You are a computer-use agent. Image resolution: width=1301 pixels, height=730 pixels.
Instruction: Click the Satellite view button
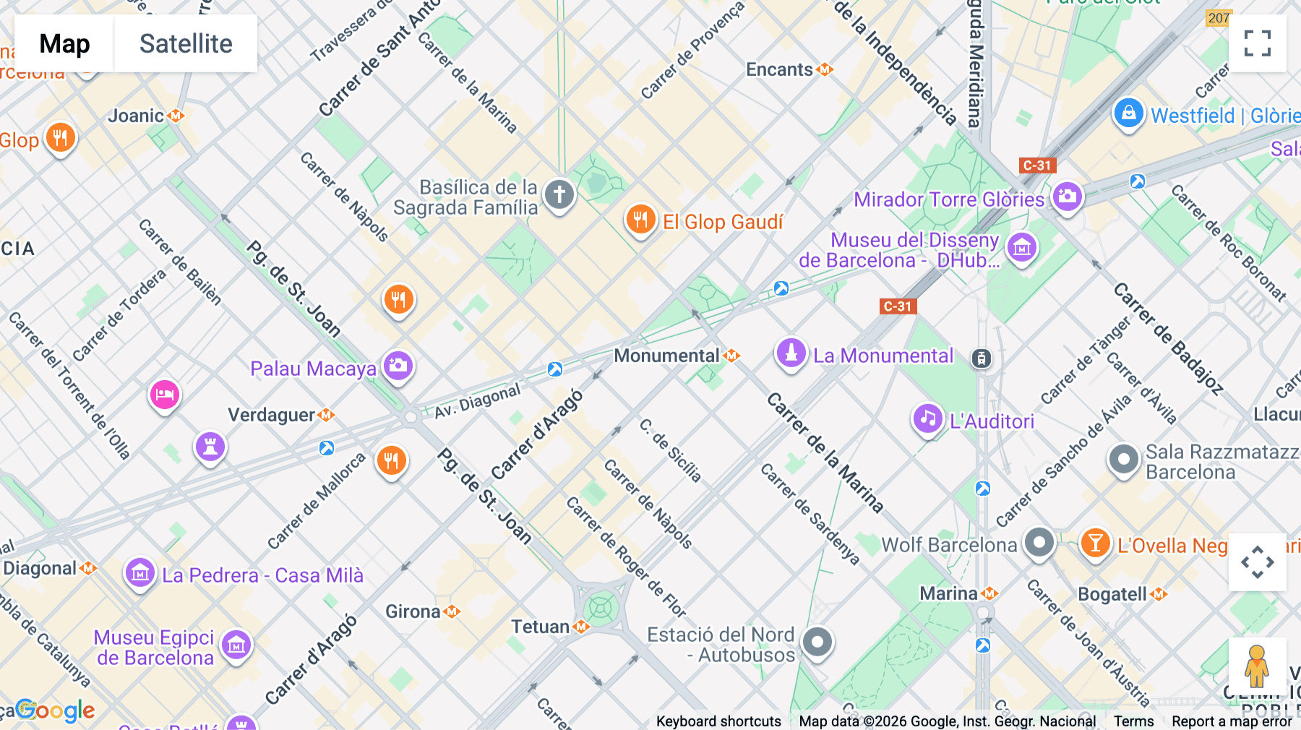[186, 43]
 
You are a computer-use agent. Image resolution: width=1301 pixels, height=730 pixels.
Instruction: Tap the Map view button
[64, 43]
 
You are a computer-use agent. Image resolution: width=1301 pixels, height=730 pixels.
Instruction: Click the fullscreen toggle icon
[1257, 43]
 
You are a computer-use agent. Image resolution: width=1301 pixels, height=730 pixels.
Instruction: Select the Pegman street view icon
[1257, 666]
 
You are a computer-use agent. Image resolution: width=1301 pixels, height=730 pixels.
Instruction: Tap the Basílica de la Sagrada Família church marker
[559, 194]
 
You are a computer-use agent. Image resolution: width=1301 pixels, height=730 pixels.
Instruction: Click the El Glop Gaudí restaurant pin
[640, 219]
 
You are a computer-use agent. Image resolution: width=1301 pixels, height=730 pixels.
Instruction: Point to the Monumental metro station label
[666, 356]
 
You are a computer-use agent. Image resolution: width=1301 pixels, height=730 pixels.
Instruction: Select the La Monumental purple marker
[791, 353]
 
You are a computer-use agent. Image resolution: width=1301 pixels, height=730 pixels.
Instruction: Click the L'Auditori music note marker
[928, 419]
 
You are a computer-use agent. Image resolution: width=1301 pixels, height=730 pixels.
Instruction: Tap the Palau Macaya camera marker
[398, 366]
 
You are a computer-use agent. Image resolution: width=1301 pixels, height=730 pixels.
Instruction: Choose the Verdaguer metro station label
[272, 415]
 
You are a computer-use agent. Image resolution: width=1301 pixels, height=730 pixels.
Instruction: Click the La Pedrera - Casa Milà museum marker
[139, 574]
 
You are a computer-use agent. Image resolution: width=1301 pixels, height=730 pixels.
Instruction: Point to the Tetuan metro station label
[541, 627]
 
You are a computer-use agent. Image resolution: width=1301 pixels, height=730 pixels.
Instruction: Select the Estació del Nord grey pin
[817, 642]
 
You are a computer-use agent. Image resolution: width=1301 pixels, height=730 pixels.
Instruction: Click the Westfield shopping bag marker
[1128, 113]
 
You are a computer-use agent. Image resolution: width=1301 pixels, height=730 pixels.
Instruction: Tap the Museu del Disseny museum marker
[1021, 248]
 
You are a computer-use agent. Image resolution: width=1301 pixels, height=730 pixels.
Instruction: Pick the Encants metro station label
[780, 69]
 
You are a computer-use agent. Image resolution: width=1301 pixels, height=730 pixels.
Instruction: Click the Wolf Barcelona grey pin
[1039, 542]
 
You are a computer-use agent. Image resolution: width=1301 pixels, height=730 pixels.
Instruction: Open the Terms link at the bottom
[1133, 721]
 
